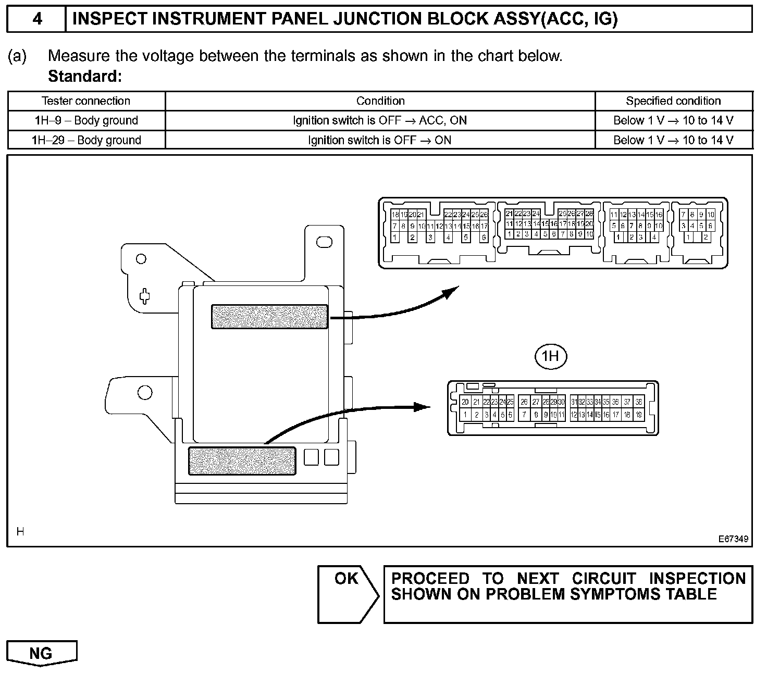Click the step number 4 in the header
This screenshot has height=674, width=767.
37,19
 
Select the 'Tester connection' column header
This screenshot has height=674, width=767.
86,101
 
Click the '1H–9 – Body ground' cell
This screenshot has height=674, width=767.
86,120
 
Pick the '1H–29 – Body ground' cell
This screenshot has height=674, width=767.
86,140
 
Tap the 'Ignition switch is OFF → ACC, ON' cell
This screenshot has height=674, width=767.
380,120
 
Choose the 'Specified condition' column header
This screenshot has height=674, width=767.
673,101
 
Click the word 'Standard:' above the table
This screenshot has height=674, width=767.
84,77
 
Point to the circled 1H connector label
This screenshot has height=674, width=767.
551,356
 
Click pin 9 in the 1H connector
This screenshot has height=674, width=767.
546,415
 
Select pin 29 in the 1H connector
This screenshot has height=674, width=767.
553,402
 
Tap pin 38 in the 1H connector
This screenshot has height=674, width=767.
639,402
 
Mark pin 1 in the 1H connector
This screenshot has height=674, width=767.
465,415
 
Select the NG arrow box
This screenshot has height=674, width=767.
42,653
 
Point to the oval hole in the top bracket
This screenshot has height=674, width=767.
324,242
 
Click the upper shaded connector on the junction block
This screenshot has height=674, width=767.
269,317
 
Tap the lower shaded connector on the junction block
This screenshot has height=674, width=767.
242,461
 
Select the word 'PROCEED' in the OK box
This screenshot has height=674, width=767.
430,579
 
